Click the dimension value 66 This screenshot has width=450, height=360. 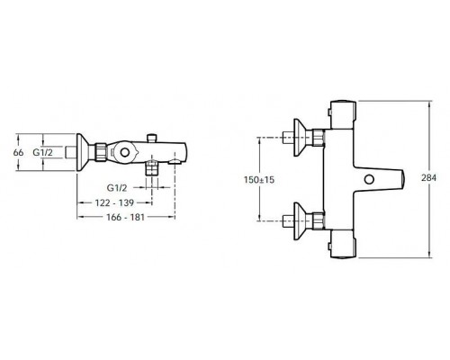[x=18, y=152]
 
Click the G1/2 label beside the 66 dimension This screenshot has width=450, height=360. [x=42, y=152]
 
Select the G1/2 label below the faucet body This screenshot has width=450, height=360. [x=117, y=188]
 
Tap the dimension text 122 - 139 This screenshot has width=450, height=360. [x=114, y=202]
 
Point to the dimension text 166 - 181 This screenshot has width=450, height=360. [x=126, y=217]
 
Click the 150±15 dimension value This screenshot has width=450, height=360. [x=259, y=180]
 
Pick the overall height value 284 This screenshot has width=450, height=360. [x=429, y=178]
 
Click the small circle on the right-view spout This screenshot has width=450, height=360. [x=369, y=179]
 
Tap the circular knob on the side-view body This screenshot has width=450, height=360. [x=124, y=152]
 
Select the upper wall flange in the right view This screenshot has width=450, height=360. [x=299, y=138]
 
